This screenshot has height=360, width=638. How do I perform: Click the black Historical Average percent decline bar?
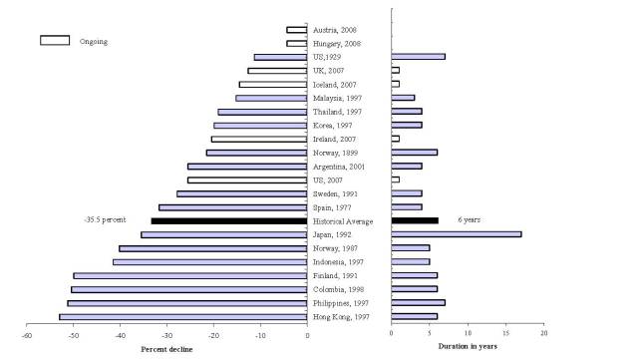(229, 220)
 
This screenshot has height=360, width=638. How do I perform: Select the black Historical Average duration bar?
(415, 220)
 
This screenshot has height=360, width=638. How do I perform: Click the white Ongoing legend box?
(54, 41)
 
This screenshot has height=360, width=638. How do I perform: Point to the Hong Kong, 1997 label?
(342, 316)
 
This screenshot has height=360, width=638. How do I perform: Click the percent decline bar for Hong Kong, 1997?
(183, 316)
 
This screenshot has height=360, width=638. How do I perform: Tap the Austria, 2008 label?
(335, 30)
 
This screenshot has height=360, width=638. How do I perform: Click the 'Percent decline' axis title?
(166, 348)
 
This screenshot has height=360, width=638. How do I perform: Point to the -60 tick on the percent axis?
(27, 334)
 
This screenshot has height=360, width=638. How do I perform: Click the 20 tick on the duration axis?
(543, 334)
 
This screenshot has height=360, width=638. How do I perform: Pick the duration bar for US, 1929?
(419, 57)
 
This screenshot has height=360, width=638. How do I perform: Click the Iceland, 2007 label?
(336, 85)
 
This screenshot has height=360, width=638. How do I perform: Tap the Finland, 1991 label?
(336, 275)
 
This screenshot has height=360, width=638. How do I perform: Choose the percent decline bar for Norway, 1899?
(256, 153)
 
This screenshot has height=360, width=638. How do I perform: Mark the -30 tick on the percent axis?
(167, 334)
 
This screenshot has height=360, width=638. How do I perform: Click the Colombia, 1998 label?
(339, 289)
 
